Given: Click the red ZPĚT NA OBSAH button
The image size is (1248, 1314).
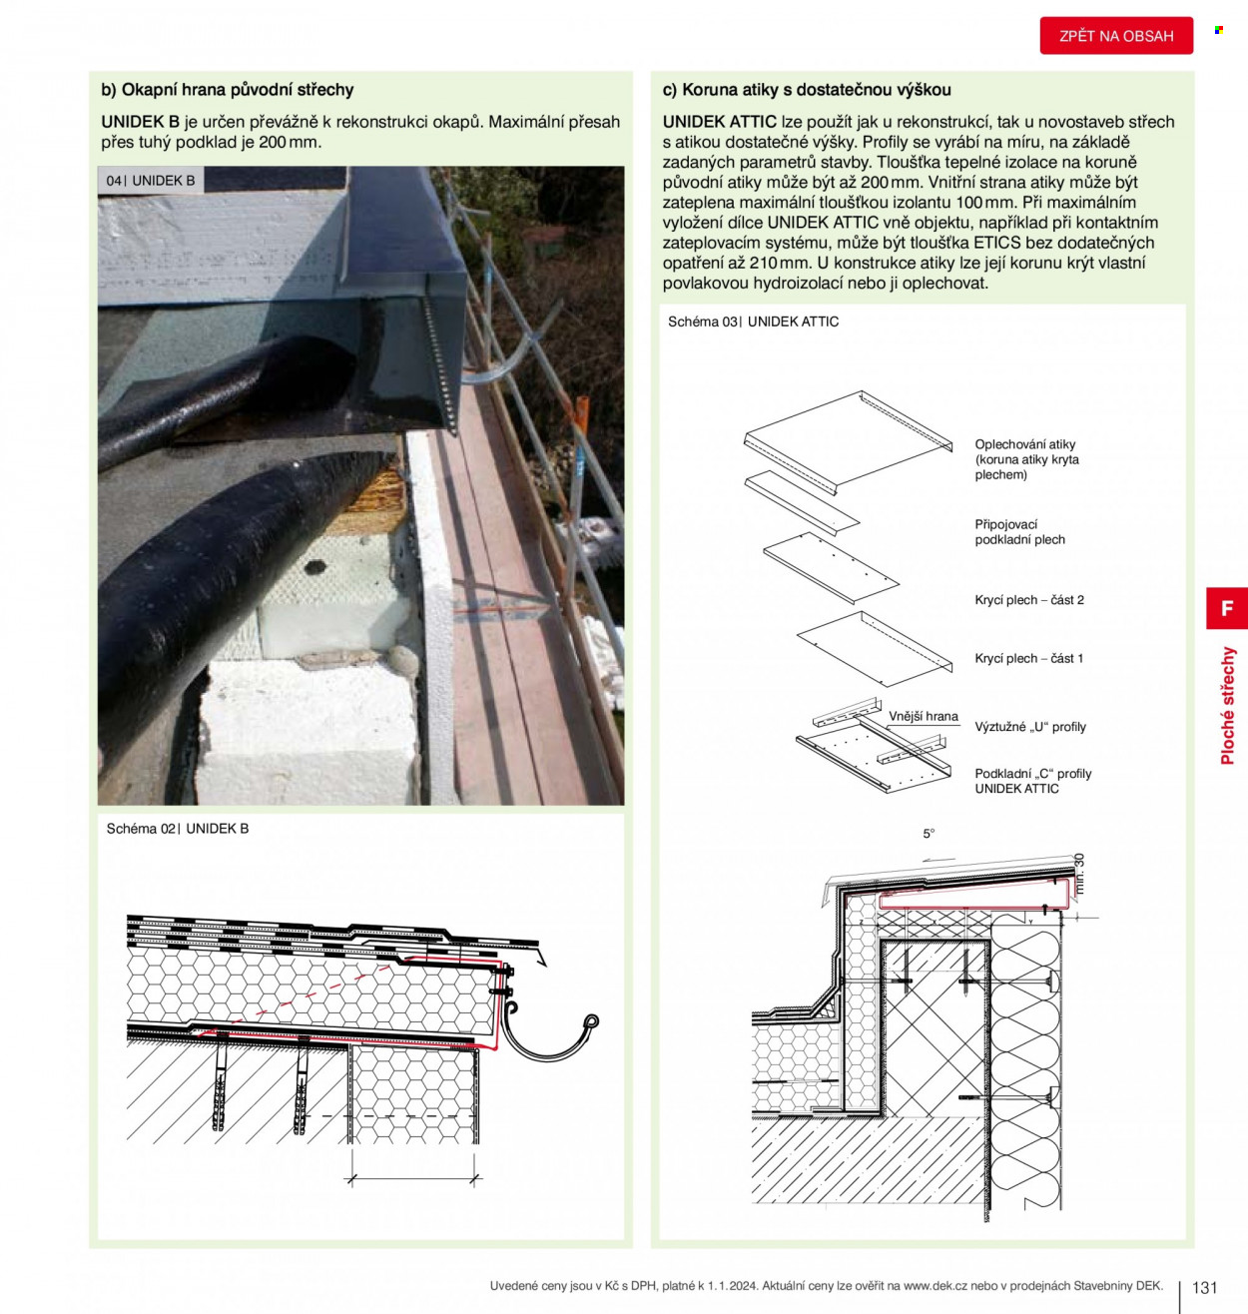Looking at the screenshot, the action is click(1116, 35).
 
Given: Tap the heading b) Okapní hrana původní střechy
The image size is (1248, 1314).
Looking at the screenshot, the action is click(228, 90).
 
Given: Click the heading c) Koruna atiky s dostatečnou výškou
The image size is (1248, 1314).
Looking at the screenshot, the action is click(807, 90).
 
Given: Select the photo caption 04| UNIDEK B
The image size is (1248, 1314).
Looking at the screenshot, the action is click(151, 181).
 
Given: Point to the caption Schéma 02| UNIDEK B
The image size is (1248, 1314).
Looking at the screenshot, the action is click(178, 829).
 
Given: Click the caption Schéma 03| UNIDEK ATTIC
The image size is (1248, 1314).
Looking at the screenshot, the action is click(754, 322).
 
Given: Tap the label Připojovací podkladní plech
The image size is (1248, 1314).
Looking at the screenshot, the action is click(1020, 532).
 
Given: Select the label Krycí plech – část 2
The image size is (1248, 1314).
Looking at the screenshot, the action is click(1029, 599).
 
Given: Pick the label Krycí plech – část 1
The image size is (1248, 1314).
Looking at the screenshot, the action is click(1029, 658).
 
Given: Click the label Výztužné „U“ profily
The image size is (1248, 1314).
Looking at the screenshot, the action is click(1030, 727).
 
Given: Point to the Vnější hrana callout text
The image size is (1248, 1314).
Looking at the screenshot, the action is click(924, 717).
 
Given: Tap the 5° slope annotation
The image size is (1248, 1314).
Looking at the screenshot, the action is click(930, 834).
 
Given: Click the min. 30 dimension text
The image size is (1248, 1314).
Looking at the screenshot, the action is click(1079, 874).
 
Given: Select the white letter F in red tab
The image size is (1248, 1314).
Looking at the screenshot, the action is click(1227, 608).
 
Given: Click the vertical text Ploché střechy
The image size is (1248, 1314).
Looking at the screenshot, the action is click(1227, 706).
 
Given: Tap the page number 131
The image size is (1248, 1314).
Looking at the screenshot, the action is click(1205, 1288).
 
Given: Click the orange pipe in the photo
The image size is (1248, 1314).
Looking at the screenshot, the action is click(581, 417).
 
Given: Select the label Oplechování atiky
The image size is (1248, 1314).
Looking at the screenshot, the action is click(1024, 444).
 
